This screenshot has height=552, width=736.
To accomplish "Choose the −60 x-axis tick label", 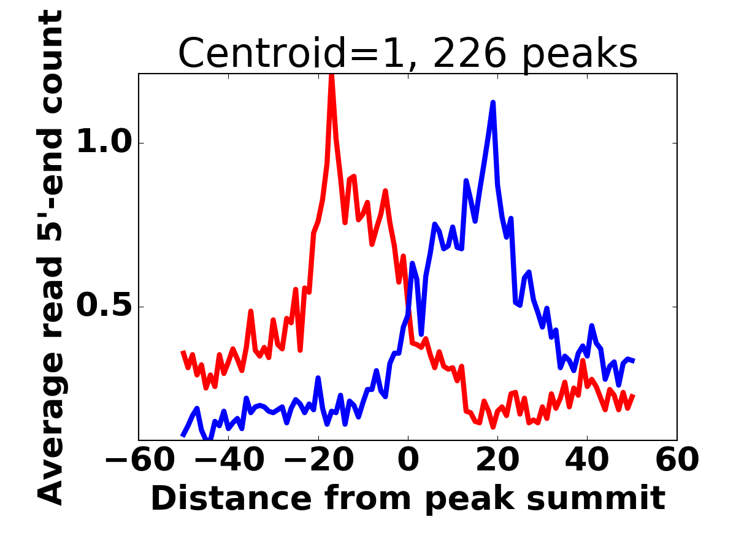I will tap(139, 460).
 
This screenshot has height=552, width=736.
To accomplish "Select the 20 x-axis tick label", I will tap(497, 460).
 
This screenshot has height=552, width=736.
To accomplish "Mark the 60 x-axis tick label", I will tap(677, 460).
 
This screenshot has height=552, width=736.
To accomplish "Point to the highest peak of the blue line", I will tap(493, 102).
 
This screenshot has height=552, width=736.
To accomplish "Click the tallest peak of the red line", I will tap(331, 75).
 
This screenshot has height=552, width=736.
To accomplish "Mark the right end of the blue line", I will tap(633, 361).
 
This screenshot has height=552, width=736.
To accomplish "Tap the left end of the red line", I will tap(183, 351).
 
